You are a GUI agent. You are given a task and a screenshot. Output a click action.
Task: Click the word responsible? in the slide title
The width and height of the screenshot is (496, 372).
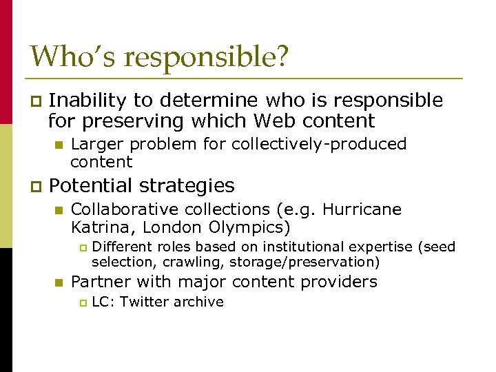click(x=204, y=58)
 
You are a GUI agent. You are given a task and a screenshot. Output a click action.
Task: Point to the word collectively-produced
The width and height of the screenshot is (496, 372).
click(x=319, y=144)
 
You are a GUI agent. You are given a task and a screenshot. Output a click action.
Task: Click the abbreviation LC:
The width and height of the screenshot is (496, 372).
click(x=103, y=302)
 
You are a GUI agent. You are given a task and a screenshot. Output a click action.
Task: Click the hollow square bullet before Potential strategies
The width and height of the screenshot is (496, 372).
click(x=37, y=187)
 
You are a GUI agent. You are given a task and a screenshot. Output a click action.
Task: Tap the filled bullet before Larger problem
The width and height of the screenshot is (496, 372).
click(x=59, y=145)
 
